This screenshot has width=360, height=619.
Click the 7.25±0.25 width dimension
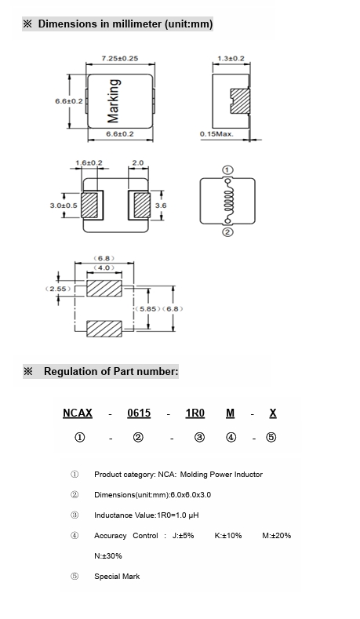click(120, 58)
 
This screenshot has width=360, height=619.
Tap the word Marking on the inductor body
click(113, 101)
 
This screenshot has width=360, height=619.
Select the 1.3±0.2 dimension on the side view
click(231, 58)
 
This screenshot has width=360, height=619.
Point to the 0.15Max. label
click(216, 134)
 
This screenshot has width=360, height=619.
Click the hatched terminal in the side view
click(240, 101)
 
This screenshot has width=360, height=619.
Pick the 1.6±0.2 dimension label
click(89, 162)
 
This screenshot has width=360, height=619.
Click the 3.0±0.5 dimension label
click(64, 206)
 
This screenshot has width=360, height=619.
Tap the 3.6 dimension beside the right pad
click(161, 206)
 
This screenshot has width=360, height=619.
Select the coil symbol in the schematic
click(227, 201)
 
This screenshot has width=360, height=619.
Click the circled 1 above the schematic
click(227, 170)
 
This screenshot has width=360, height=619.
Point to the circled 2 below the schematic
click(227, 232)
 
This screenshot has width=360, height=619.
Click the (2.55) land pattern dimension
click(58, 289)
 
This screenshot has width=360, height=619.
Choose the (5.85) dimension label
click(148, 308)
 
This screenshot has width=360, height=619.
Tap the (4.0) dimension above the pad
click(104, 268)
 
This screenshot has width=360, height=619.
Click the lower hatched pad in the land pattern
click(104, 329)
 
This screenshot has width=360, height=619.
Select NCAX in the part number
click(78, 413)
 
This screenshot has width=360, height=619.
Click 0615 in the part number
click(139, 413)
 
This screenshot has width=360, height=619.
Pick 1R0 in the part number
click(195, 413)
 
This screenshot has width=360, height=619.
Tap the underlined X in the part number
click(273, 413)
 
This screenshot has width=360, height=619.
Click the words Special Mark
click(117, 577)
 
